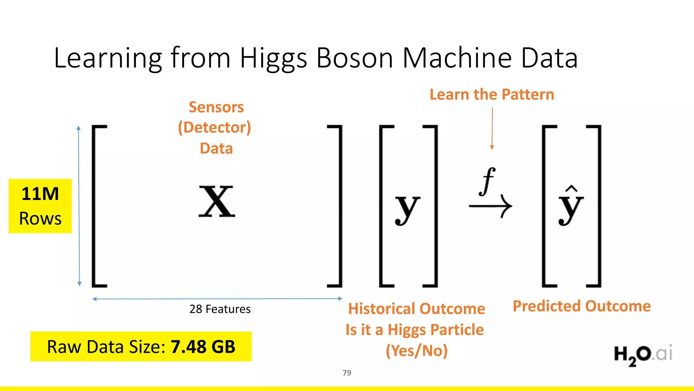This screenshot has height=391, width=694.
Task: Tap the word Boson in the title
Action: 355,58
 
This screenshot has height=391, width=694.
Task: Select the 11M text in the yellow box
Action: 40,194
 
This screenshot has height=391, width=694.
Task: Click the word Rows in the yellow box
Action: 40,218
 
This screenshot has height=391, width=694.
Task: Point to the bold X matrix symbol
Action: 217,202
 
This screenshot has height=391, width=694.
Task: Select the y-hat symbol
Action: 571,205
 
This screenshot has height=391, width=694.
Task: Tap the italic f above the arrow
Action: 488,181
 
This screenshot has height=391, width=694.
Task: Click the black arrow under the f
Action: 490,206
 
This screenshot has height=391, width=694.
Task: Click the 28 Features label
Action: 220,309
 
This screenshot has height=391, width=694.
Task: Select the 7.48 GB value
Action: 203,347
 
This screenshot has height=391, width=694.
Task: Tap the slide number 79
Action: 347,373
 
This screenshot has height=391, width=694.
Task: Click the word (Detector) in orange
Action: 215,128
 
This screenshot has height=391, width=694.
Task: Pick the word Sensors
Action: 216,107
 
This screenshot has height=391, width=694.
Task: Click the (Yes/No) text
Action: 416,351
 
